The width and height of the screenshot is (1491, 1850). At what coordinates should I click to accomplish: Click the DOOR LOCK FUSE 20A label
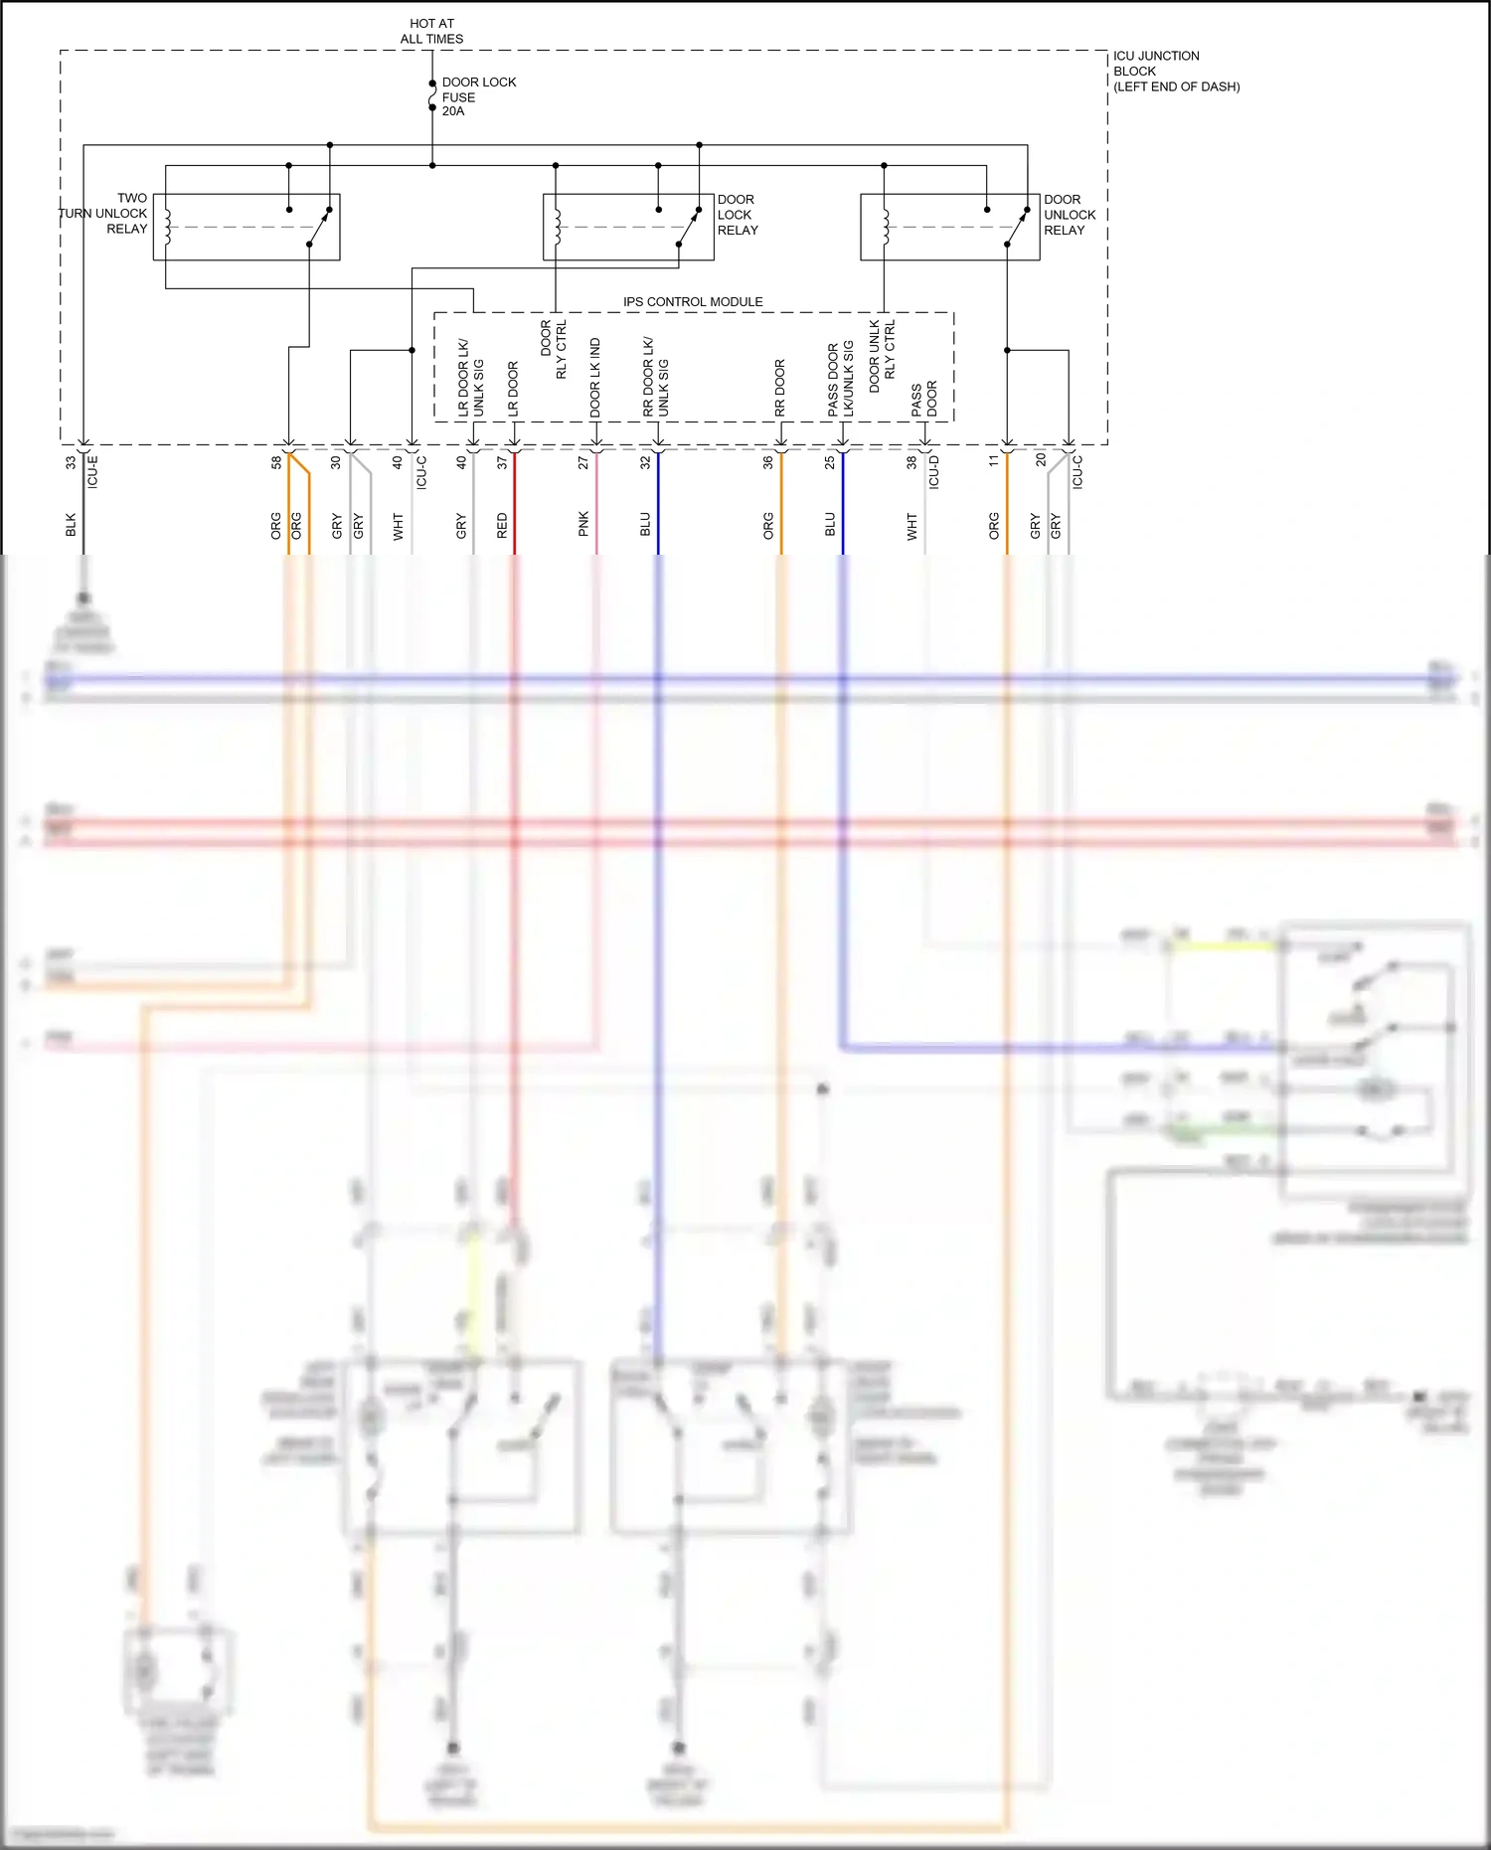pyautogui.click(x=477, y=96)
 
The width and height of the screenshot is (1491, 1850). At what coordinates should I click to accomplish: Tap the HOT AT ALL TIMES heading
pyautogui.click(x=431, y=31)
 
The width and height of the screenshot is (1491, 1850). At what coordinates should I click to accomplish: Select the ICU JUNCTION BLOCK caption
pyautogui.click(x=1175, y=71)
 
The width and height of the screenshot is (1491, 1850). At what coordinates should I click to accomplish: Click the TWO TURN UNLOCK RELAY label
pyautogui.click(x=104, y=214)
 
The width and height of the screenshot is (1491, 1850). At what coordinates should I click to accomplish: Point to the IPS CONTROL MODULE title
pyautogui.click(x=693, y=301)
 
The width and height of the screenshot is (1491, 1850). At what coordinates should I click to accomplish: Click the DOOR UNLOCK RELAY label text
pyautogui.click(x=1070, y=215)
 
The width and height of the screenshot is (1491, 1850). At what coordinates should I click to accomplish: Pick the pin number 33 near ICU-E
pyautogui.click(x=71, y=463)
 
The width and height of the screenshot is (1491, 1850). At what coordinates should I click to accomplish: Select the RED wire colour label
pyautogui.click(x=502, y=526)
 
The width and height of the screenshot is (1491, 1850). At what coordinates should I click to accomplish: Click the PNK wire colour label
pyautogui.click(x=583, y=525)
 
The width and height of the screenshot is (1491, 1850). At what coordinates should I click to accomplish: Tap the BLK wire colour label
pyautogui.click(x=71, y=526)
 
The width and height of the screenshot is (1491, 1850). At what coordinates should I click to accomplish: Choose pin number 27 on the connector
pyautogui.click(x=583, y=463)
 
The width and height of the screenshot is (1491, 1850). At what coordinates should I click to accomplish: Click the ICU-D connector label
pyautogui.click(x=933, y=472)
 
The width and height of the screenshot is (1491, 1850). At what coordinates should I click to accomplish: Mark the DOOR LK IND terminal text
pyautogui.click(x=594, y=378)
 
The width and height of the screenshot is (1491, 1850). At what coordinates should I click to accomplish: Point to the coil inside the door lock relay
pyautogui.click(x=558, y=227)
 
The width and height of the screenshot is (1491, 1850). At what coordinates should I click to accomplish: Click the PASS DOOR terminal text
pyautogui.click(x=923, y=399)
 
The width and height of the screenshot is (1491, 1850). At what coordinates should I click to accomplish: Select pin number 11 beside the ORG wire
pyautogui.click(x=993, y=461)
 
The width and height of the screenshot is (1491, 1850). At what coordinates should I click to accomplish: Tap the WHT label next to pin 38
pyautogui.click(x=911, y=527)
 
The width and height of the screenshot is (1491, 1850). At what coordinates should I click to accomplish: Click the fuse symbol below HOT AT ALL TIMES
pyautogui.click(x=432, y=96)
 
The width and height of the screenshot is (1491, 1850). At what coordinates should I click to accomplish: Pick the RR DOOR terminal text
pyautogui.click(x=779, y=388)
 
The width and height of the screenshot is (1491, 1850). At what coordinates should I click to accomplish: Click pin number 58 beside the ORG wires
pyautogui.click(x=276, y=463)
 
